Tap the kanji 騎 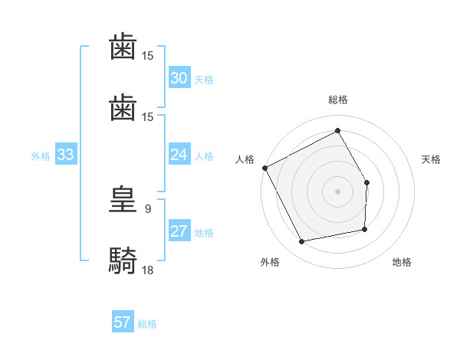(x=123, y=261)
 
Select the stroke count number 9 (x=147, y=209)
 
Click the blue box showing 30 (x=179, y=77)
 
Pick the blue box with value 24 (x=179, y=155)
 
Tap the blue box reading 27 (x=179, y=231)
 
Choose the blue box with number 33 (x=65, y=155)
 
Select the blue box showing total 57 (x=123, y=322)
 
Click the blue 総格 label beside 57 (x=147, y=324)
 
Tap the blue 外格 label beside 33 (x=41, y=156)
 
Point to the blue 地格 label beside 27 (x=204, y=233)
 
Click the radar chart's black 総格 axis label (x=338, y=100)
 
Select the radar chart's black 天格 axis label (x=432, y=159)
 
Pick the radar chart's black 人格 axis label (x=245, y=159)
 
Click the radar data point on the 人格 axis (x=265, y=168)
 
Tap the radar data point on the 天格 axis (x=367, y=182)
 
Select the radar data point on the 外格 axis (x=302, y=242)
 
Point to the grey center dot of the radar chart (x=338, y=191)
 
